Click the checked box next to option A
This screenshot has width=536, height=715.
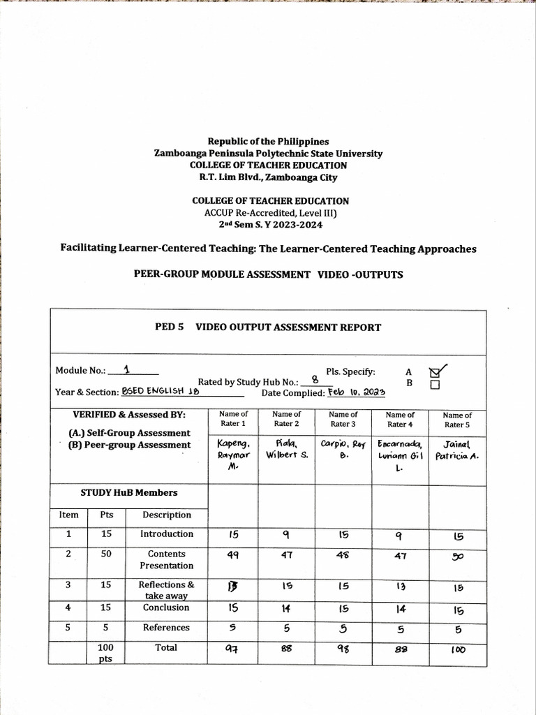[435, 372]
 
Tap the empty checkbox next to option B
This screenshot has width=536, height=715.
[435, 385]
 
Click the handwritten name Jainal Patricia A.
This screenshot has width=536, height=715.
[457, 450]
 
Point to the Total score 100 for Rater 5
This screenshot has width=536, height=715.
[458, 649]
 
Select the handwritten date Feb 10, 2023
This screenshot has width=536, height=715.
[357, 392]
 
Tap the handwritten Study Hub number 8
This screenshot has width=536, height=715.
[315, 380]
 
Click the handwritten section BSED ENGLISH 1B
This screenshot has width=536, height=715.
[161, 392]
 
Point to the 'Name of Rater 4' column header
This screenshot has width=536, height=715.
[400, 419]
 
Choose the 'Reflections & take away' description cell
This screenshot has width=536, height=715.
[166, 590]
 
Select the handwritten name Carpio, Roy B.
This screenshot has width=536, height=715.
[343, 449]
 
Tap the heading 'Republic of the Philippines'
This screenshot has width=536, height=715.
[268, 142]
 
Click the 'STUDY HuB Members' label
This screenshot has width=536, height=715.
[129, 492]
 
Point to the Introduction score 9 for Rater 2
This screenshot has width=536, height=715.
[286, 536]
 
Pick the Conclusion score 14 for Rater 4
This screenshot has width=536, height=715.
[400, 609]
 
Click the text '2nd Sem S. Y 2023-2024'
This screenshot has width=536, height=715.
[268, 225]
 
